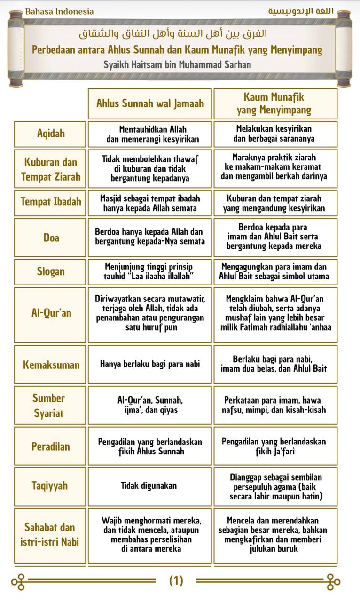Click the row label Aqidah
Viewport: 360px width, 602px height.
[51, 134]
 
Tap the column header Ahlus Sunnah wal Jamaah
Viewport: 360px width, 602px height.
[150, 103]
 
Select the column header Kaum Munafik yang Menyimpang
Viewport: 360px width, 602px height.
[274, 103]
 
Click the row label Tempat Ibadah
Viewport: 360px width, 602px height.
[51, 202]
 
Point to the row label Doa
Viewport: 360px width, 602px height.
[51, 238]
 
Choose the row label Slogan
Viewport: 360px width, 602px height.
[51, 272]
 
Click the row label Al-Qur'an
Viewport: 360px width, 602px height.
[51, 313]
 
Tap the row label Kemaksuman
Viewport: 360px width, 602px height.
[51, 364]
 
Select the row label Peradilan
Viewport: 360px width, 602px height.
[51, 446]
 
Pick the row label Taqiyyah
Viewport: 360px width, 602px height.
[51, 486]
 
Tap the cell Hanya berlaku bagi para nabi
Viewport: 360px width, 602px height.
[149, 364]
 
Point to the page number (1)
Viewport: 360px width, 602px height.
[176, 581]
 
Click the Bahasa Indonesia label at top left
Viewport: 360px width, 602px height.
[59, 11]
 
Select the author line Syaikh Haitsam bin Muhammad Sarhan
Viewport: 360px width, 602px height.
[177, 64]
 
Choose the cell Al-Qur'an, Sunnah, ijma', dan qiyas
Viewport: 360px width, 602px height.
[150, 405]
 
